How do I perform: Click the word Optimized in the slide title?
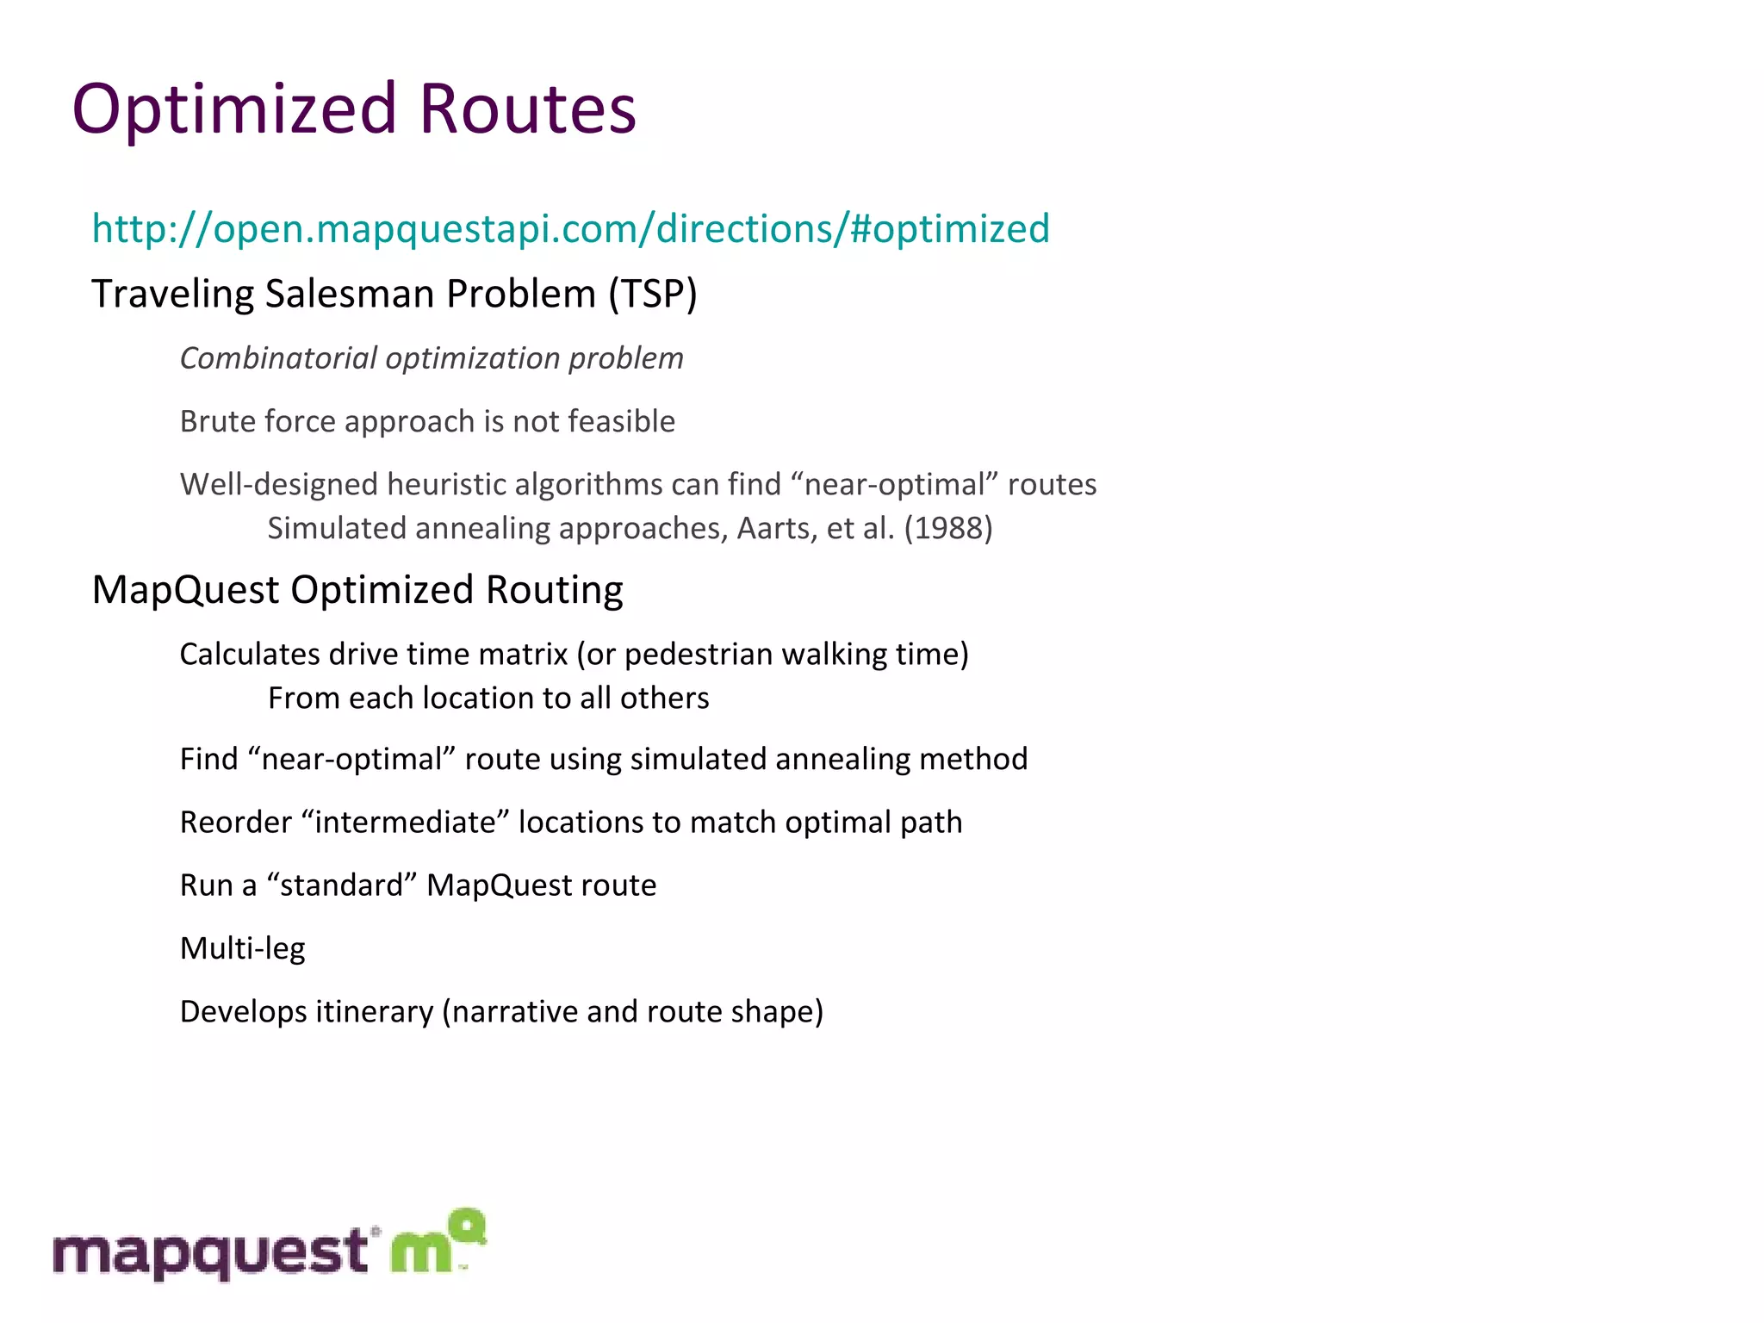coord(234,110)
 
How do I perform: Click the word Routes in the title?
coord(527,110)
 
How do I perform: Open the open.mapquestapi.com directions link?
coord(570,229)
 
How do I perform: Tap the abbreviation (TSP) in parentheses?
coord(652,295)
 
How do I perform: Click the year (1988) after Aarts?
coord(947,528)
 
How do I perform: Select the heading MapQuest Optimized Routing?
coord(357,590)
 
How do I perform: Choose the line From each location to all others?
coord(488,698)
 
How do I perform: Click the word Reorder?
coord(235,823)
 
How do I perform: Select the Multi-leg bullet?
coord(242,948)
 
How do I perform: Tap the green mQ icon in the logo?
coord(438,1241)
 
